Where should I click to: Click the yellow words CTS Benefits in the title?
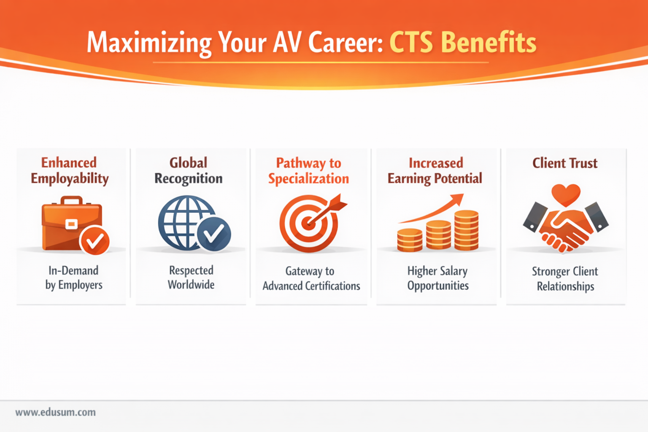point(462,43)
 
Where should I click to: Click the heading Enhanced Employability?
point(70,170)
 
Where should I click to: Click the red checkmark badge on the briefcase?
point(95,241)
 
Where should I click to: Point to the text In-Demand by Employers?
point(74,278)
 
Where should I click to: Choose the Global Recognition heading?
point(189,170)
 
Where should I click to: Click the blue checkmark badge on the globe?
point(214,233)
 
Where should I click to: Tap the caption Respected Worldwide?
point(191,277)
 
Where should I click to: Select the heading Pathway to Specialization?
point(309,171)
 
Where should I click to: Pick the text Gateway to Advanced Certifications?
point(311,278)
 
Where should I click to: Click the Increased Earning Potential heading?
point(435,171)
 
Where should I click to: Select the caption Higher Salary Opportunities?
point(438,278)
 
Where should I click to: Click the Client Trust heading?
point(565,163)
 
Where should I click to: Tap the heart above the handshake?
point(566,194)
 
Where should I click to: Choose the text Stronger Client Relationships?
point(565,278)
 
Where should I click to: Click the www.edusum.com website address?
point(56,412)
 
